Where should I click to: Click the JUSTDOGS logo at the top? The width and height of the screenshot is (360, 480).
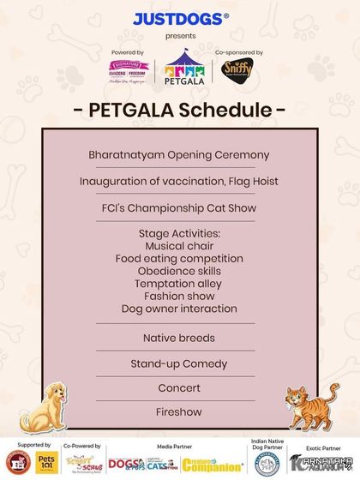pos(180,18)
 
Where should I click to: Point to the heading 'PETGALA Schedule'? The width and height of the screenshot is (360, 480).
pos(180,111)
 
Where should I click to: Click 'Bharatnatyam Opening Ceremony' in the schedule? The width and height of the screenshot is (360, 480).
pos(179,155)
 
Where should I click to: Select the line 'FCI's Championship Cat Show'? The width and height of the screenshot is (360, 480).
pos(179,208)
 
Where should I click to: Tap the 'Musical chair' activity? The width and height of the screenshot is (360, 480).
pos(179,245)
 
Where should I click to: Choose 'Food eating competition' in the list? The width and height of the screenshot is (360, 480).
pos(179,258)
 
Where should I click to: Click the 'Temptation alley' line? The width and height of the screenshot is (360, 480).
pos(179,283)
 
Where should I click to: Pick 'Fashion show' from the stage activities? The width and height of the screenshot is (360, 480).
pos(179,296)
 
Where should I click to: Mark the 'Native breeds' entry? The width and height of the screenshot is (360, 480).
pos(179,338)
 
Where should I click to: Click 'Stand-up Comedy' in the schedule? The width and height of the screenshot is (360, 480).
pos(179,363)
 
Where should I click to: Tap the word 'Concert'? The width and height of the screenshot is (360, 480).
pos(179,388)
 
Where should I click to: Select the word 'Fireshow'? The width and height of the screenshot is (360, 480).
pos(179,412)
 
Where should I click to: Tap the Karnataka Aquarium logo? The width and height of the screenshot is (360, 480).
pos(321,463)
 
